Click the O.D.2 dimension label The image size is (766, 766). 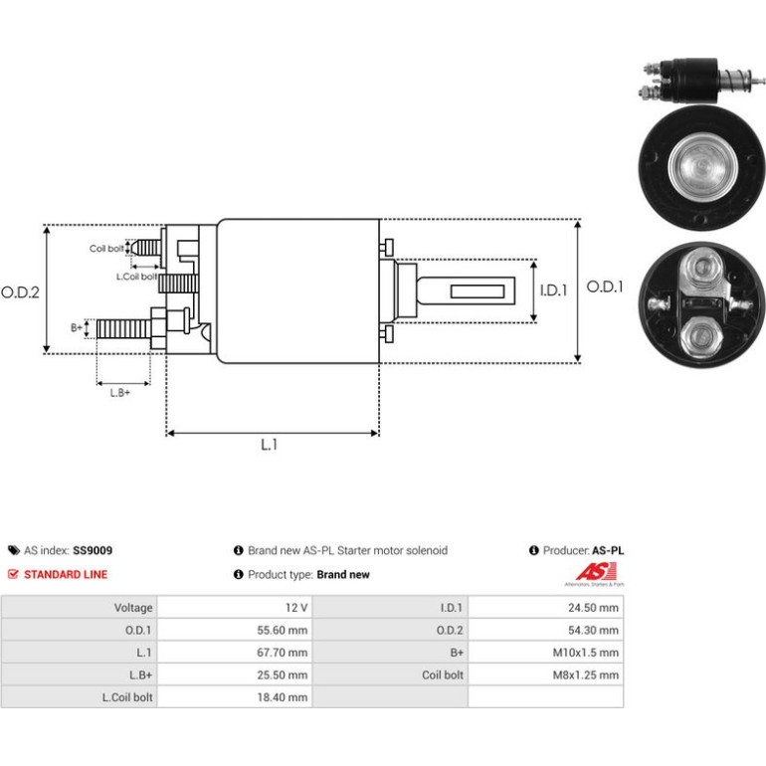(20, 292)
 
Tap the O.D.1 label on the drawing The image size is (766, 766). (605, 287)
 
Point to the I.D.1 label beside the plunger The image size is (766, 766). (553, 290)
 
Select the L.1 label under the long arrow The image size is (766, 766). (270, 445)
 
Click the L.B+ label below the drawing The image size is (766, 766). (120, 393)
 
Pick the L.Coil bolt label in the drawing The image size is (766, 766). (137, 277)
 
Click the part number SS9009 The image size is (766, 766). (93, 550)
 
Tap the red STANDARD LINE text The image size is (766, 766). (66, 575)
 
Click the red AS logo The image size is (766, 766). (596, 572)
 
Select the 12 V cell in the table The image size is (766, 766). (235, 607)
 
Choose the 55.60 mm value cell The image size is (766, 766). (235, 630)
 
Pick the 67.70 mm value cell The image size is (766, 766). (235, 653)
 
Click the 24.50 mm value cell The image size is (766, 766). (546, 607)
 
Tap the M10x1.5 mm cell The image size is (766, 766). (546, 653)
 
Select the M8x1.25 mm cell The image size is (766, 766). (546, 674)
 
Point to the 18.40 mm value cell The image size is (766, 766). (235, 697)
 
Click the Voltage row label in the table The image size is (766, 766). (133, 608)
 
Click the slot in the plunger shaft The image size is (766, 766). (478, 291)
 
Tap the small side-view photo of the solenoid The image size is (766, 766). (701, 81)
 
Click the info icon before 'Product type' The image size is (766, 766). (239, 575)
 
